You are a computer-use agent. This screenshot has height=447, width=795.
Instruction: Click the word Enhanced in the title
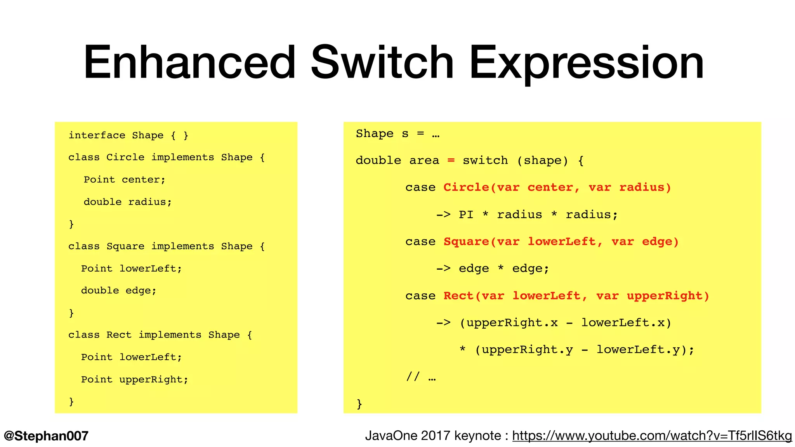190,62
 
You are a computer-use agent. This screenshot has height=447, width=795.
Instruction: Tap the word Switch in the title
382,62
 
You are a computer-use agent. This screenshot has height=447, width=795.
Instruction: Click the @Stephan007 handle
46,436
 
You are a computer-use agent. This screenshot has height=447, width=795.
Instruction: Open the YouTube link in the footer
652,436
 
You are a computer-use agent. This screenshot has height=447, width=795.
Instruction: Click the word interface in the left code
97,135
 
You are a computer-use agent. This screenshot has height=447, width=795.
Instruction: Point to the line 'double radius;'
127,202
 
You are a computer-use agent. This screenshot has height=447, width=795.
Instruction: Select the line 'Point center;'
124,180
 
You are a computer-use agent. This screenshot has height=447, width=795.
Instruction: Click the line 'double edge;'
118,291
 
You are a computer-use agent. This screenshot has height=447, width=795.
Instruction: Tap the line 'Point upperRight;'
134,379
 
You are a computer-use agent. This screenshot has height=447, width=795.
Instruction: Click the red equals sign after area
451,160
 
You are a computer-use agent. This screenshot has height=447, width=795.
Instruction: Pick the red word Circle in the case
466,187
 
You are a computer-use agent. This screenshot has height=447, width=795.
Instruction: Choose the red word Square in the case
466,242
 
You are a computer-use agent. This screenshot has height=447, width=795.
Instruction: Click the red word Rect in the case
458,296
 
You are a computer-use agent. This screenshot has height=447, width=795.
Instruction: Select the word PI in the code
466,215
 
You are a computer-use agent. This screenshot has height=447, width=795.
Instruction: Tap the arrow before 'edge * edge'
443,269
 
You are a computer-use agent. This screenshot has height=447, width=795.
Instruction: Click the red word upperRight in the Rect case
665,296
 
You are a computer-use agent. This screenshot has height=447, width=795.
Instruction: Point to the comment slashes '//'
413,376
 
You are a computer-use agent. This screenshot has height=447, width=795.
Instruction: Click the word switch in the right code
485,160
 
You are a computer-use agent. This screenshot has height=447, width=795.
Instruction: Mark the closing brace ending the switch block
359,404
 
